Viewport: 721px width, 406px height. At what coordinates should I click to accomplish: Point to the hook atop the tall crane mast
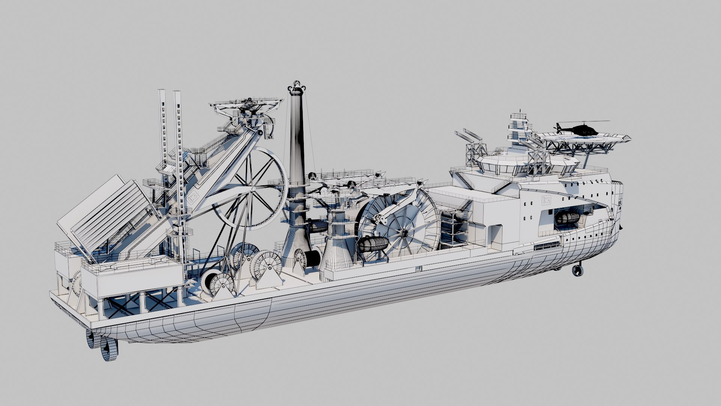point(297,85)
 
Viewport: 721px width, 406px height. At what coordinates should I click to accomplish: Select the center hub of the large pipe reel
point(404,234)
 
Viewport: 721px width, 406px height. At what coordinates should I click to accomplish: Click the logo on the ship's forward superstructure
point(546,200)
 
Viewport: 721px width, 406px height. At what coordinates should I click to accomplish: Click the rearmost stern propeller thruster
point(109,349)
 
